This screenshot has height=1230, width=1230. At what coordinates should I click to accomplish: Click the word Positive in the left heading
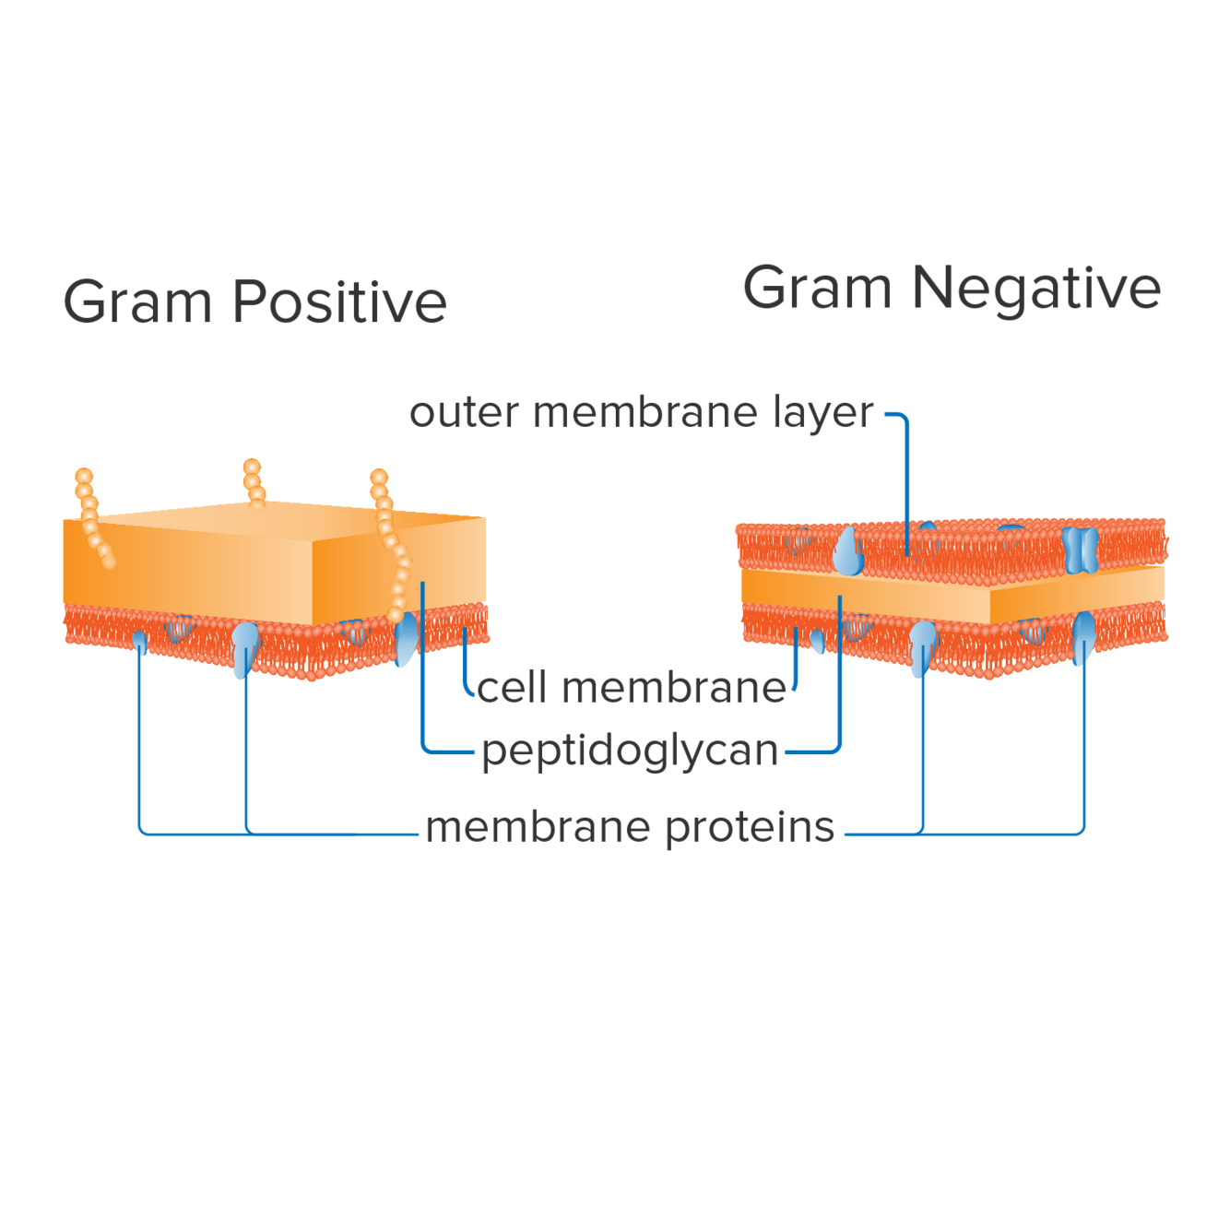(338, 302)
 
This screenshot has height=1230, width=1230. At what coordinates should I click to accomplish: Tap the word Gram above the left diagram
(136, 302)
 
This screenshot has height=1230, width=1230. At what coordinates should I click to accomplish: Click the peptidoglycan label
(630, 751)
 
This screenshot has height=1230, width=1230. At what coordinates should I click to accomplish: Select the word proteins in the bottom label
(749, 827)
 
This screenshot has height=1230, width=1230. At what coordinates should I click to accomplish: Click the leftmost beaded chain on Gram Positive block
(92, 516)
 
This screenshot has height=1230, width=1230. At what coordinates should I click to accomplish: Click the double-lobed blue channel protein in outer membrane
(1080, 550)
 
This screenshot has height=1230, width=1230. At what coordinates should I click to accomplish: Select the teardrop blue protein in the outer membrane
(847, 553)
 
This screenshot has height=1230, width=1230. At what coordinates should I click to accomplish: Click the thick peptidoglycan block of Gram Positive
(212, 562)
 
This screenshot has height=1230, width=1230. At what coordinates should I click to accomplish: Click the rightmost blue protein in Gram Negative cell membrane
(1083, 636)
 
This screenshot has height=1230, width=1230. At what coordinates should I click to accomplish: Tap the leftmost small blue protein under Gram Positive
(140, 640)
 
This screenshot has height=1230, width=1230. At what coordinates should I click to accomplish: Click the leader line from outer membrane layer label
(908, 479)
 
